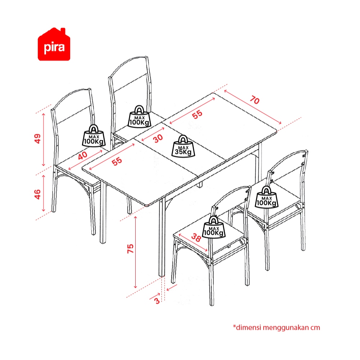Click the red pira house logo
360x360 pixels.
pos(54,44)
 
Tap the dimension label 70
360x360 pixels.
pos(255,100)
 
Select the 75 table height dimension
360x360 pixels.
pos(131,249)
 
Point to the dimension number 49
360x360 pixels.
pos(37,138)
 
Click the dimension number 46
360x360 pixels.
pos(37,194)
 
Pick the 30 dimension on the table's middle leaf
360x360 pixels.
pos(158,138)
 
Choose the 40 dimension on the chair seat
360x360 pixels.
pos(83,155)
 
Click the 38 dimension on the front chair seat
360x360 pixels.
pos(196,237)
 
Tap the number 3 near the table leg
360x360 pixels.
pos(157,301)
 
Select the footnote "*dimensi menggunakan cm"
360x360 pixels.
pos(277,327)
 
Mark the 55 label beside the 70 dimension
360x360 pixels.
pos(197,114)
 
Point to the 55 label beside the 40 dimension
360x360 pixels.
pos(117,161)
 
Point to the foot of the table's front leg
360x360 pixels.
pos(162,275)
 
